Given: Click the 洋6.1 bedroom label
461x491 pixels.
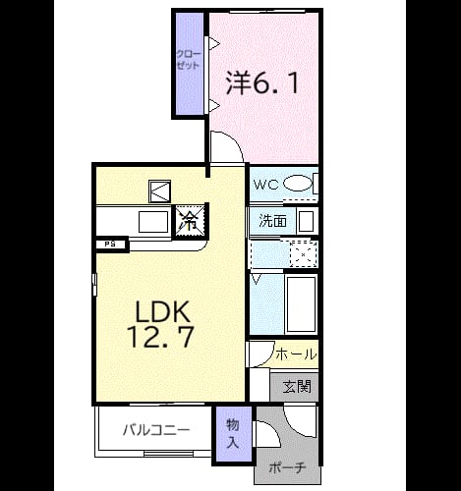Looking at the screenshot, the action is [262, 83].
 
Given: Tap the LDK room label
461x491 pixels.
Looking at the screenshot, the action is [163, 311].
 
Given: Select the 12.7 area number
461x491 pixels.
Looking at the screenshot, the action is [160, 336].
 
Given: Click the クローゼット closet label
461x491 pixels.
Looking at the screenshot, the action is [188, 59].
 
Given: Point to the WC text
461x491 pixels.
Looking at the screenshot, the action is [266, 185].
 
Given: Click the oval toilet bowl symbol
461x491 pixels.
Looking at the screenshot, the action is [298, 184].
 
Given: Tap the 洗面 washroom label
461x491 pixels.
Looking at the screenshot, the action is [272, 221].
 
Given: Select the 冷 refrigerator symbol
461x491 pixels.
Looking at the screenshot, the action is [191, 221].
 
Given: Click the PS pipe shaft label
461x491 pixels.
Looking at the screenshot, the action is [110, 245].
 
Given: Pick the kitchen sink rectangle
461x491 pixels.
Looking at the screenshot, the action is [153, 222].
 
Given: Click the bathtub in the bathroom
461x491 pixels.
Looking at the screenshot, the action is [301, 303].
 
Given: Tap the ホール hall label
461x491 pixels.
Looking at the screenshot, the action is [296, 355].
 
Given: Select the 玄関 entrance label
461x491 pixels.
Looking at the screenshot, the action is [297, 387].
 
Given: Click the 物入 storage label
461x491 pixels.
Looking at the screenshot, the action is [233, 434].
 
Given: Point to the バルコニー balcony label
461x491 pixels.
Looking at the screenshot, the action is [156, 430].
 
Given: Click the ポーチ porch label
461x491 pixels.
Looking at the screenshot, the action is [287, 468].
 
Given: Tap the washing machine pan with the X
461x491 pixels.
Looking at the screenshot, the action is [304, 254].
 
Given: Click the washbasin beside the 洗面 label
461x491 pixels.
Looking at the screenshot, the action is [307, 222].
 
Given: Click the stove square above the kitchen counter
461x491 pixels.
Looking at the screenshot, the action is [159, 191].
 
